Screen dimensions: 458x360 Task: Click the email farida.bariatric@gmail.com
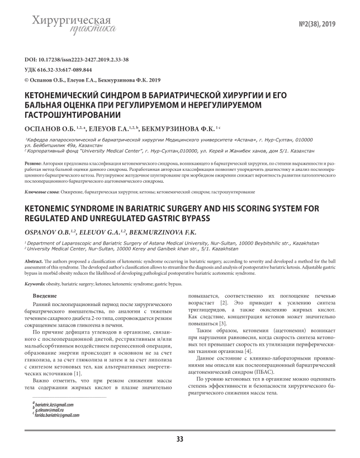click(x=57, y=416)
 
